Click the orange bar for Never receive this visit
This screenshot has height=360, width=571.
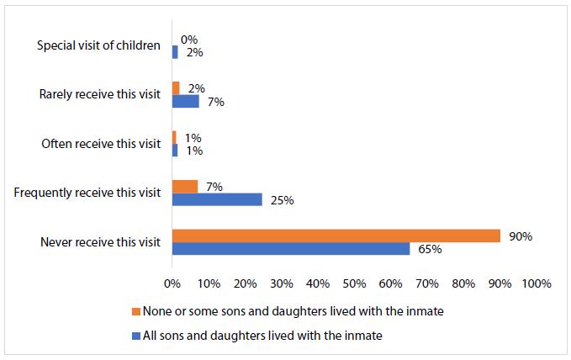point(336,236)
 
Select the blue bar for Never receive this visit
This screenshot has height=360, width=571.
point(290,249)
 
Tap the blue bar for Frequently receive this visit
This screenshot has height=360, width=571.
point(217,199)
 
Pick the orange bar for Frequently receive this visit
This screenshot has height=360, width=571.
point(184,187)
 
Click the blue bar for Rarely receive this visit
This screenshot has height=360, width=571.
point(185,101)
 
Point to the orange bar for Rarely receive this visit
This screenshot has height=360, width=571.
point(176,88)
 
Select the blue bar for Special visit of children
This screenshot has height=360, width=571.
point(175,52)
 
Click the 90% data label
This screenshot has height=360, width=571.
point(521,236)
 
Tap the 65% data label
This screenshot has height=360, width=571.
point(429,249)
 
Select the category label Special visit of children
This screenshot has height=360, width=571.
point(98,45)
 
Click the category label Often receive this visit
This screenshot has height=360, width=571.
point(101,144)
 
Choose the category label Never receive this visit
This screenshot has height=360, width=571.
point(100,242)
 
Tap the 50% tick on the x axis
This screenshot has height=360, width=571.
point(354,283)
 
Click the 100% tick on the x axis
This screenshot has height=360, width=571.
point(536,283)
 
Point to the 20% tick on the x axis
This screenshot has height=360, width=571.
point(245,283)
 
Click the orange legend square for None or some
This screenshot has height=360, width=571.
point(136,310)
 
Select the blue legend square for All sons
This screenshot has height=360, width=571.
point(136,336)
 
